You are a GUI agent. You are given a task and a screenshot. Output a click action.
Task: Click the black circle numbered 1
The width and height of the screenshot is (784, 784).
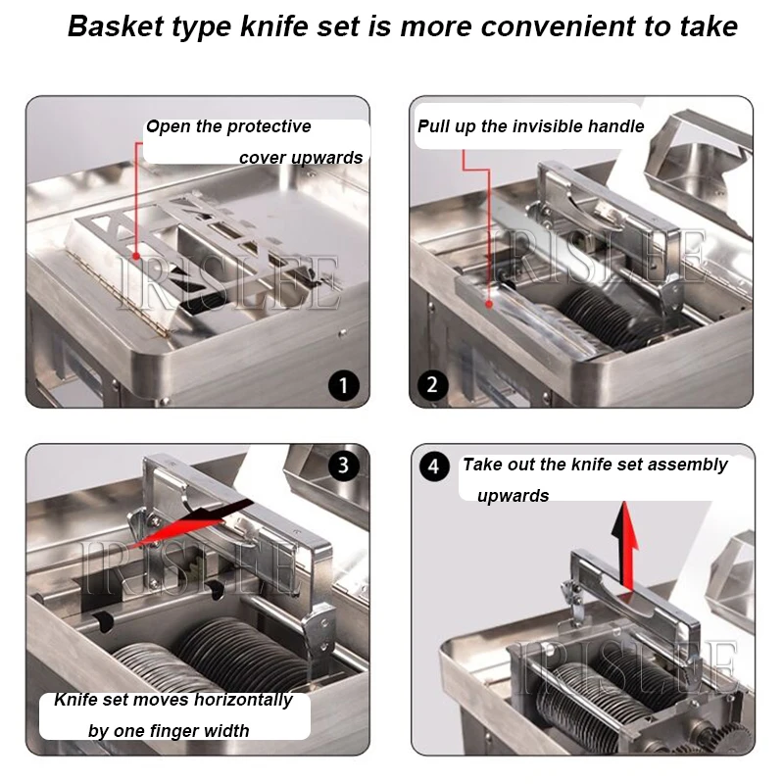[x=344, y=385]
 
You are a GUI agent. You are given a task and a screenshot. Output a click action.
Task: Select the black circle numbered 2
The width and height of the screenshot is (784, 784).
[x=432, y=385]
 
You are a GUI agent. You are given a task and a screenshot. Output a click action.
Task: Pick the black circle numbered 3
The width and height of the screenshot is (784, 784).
[x=344, y=465]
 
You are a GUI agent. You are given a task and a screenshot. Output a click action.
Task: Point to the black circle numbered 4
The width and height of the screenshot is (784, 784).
[x=434, y=466]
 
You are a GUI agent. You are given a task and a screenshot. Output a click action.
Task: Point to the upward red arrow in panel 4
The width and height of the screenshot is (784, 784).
[x=627, y=546]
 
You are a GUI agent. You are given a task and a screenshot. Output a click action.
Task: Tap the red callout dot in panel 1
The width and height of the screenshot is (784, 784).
[x=136, y=256]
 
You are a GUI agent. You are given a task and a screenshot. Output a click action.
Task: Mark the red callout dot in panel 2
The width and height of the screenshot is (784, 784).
[x=489, y=304]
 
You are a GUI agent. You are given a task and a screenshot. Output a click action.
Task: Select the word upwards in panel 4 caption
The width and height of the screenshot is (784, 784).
[x=513, y=496]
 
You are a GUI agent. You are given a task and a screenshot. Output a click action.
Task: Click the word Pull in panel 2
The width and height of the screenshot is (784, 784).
[x=434, y=126]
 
